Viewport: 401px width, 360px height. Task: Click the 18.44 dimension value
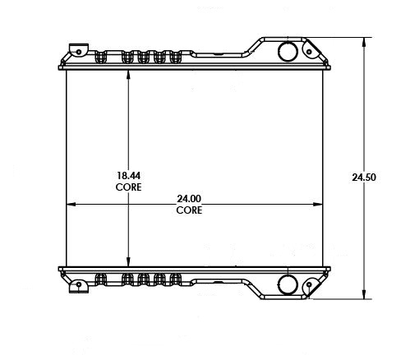[x=128, y=176]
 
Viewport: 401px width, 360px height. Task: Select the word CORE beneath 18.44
[x=128, y=187]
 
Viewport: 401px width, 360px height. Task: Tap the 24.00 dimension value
[x=189, y=199]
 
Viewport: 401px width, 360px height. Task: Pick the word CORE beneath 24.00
[x=189, y=210]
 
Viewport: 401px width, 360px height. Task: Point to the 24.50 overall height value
[x=364, y=177]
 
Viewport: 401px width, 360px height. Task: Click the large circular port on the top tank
[x=288, y=52]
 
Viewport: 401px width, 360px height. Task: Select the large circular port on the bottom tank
[x=288, y=285]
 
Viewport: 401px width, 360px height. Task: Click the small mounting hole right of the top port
[x=309, y=52]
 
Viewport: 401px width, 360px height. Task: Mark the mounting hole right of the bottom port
[x=309, y=285]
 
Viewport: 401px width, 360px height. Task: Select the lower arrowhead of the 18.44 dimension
[x=127, y=261]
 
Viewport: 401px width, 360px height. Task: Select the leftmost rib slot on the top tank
[x=102, y=58]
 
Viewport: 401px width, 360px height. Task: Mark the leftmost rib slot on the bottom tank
[x=102, y=279]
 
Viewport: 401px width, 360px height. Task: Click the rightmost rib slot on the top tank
[x=176, y=58]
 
